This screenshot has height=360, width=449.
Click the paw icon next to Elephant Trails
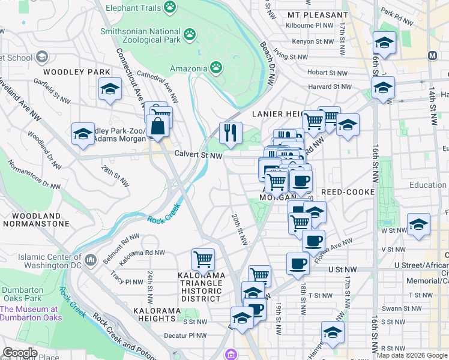point(171,8)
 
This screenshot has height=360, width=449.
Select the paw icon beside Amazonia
point(215,68)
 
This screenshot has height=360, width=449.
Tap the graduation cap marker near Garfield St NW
point(110,91)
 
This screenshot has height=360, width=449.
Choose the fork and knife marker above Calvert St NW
point(231,133)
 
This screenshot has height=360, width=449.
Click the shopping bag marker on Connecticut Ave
point(157,127)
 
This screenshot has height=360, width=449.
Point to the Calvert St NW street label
point(198,155)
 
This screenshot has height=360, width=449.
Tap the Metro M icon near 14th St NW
point(432,55)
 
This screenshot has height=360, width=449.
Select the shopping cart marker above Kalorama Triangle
point(203,259)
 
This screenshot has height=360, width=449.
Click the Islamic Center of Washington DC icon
point(91,259)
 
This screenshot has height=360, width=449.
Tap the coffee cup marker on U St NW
point(297,264)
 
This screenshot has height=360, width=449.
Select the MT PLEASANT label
point(318,14)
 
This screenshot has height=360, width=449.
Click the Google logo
point(19,353)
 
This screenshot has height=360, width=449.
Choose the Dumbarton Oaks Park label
point(22,293)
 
